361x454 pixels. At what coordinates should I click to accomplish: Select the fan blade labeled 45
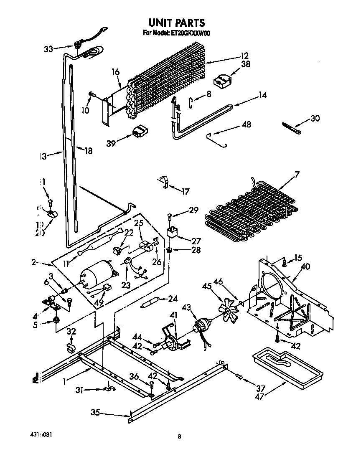pyautogui.click(x=227, y=309)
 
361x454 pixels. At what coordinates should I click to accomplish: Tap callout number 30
pyautogui.click(x=315, y=118)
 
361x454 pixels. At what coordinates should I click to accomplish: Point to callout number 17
pyautogui.click(x=185, y=192)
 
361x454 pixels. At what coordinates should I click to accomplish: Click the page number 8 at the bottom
pyautogui.click(x=179, y=437)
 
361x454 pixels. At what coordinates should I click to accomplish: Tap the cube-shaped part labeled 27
pyautogui.click(x=172, y=232)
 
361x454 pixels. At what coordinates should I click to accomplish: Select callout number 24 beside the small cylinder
pyautogui.click(x=172, y=298)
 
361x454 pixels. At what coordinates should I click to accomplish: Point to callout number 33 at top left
pyautogui.click(x=48, y=49)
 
